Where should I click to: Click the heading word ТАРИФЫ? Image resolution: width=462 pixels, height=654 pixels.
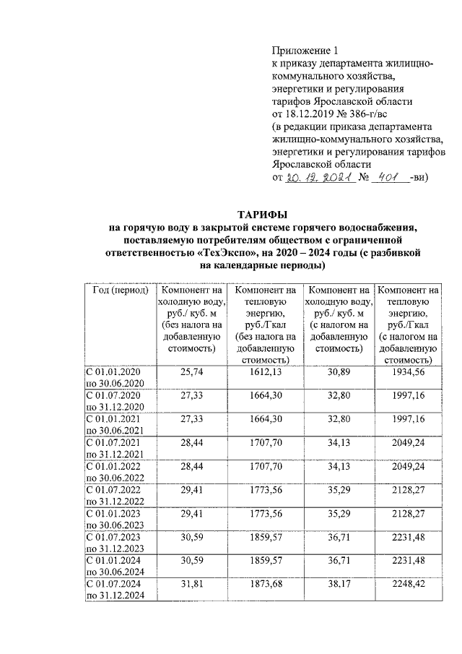tap(263, 215)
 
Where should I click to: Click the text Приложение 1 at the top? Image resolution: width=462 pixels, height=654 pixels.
tap(304, 51)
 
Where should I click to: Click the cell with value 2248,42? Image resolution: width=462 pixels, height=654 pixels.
tap(409, 582)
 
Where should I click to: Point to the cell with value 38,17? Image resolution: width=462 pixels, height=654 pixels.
tap(338, 582)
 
